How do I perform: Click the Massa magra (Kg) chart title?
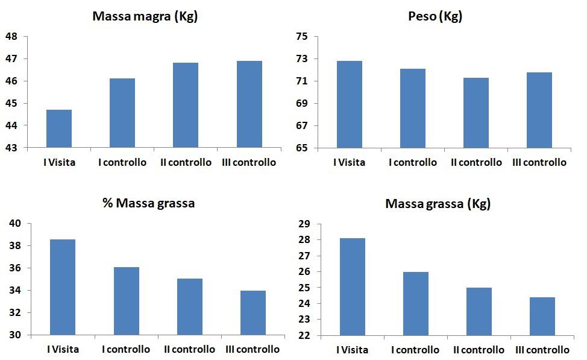145,16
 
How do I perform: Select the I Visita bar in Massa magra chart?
59,128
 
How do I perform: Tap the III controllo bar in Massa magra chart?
249,104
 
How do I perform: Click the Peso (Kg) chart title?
435,16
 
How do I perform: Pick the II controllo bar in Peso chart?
476,113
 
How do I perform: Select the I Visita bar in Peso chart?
350,104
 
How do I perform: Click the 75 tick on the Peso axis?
302,37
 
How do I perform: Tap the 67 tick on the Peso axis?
302,126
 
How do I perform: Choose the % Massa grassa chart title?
149,203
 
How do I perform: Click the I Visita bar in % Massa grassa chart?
63,287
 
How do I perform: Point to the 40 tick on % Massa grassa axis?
16,224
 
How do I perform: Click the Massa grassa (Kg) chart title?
438,204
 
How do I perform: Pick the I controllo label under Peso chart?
413,162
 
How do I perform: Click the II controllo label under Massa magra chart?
186,162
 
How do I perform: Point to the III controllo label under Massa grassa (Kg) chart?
541,350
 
